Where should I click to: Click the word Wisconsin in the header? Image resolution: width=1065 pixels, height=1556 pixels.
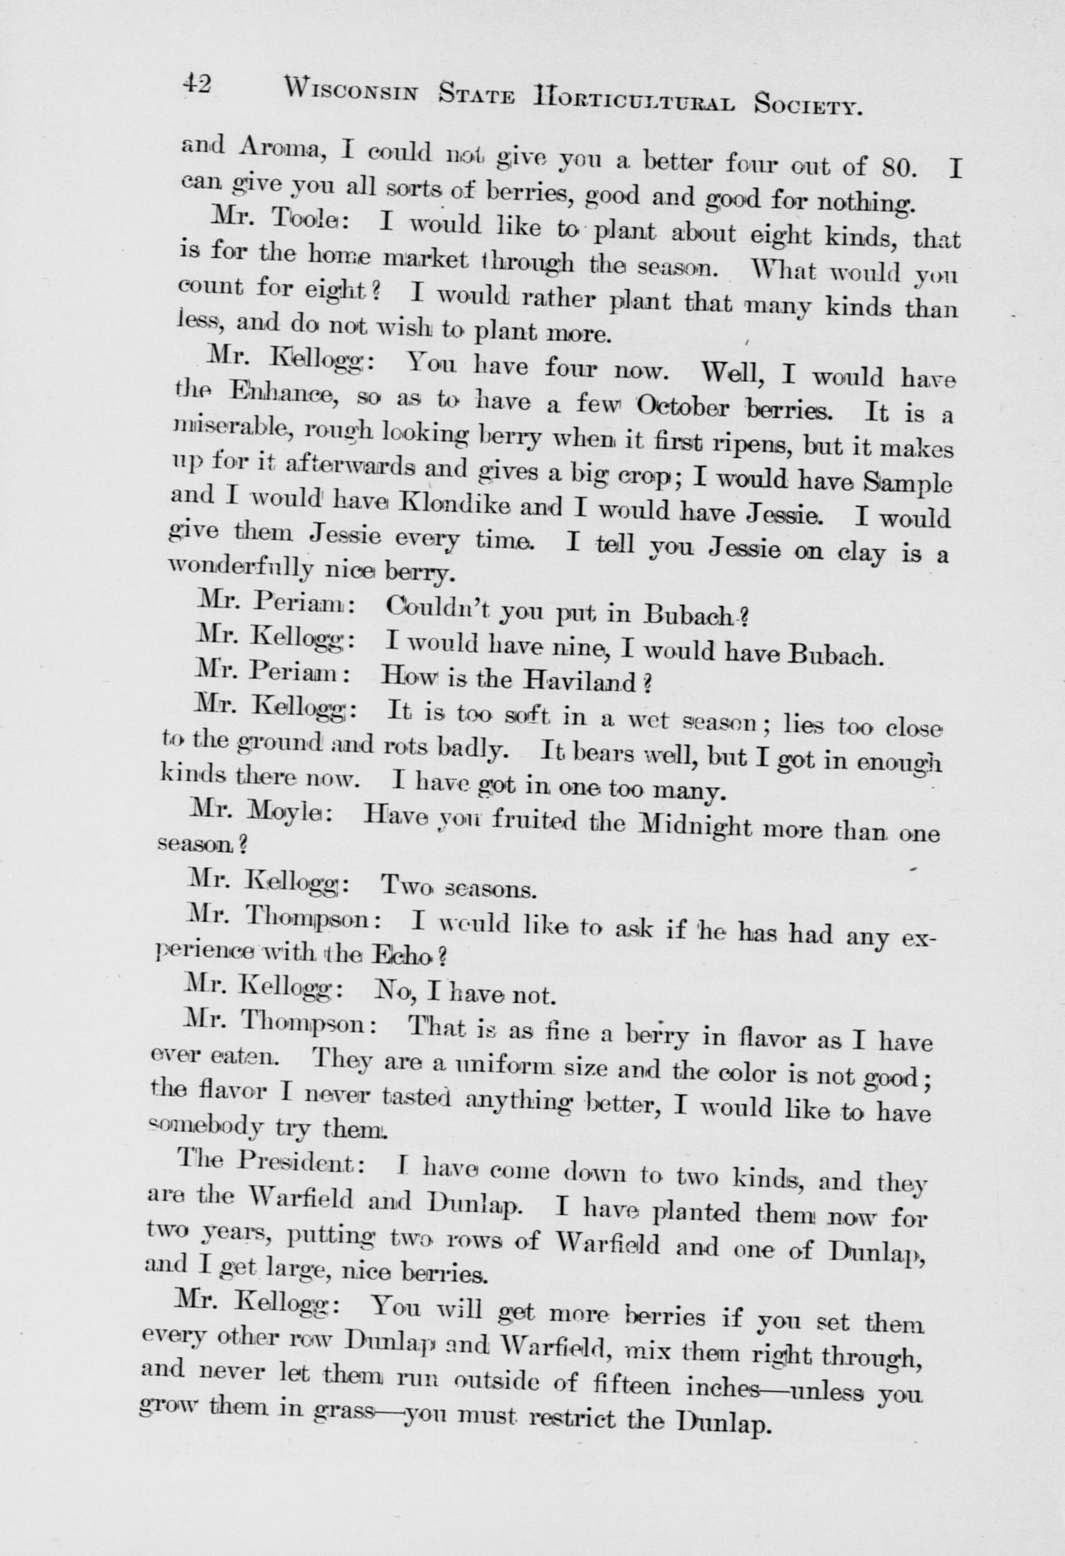click(x=351, y=90)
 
